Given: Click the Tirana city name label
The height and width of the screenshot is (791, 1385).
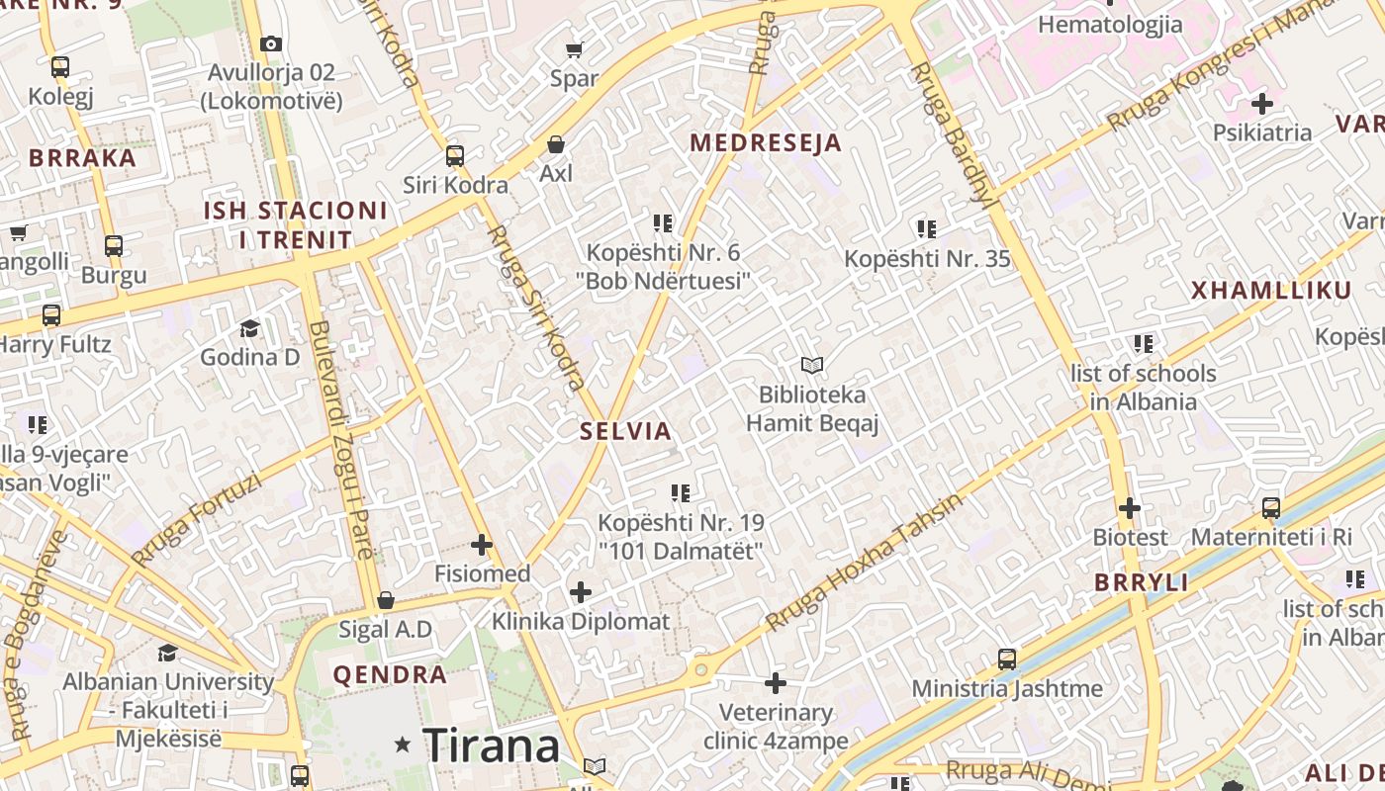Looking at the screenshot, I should pyautogui.click(x=492, y=745).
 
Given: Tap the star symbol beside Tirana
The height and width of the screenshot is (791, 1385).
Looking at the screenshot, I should pyautogui.click(x=403, y=745).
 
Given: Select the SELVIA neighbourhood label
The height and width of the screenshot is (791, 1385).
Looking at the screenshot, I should pyautogui.click(x=626, y=431).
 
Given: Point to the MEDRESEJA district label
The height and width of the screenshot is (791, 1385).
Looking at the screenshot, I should pyautogui.click(x=766, y=143).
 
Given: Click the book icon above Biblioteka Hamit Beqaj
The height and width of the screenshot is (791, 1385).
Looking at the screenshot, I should pyautogui.click(x=812, y=366).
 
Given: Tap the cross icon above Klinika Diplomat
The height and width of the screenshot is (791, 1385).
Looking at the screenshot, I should pyautogui.click(x=581, y=592).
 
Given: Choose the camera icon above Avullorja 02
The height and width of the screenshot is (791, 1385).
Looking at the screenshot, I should pyautogui.click(x=271, y=44).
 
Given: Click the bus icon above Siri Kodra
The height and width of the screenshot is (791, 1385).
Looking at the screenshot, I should pyautogui.click(x=455, y=156).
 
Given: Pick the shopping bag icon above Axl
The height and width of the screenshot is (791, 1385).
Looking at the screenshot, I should pyautogui.click(x=556, y=145).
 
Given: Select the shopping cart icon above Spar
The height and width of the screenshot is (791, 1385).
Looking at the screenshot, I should pyautogui.click(x=574, y=49).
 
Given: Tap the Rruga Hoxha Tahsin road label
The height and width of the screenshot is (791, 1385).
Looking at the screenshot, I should pyautogui.click(x=864, y=564).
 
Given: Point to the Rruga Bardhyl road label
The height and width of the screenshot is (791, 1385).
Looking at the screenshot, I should pyautogui.click(x=952, y=133).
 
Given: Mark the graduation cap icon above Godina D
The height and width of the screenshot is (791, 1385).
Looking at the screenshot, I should pyautogui.click(x=249, y=328).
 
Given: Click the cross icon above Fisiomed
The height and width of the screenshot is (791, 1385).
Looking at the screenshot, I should pyautogui.click(x=482, y=545).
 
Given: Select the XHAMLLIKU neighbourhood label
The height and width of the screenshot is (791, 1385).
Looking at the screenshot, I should pyautogui.click(x=1271, y=291).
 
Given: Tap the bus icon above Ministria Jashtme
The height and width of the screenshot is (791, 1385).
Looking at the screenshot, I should pyautogui.click(x=1007, y=659).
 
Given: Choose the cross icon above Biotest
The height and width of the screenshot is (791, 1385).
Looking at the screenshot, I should pyautogui.click(x=1130, y=508).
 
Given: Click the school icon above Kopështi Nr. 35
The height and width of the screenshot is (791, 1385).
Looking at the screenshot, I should pyautogui.click(x=927, y=229).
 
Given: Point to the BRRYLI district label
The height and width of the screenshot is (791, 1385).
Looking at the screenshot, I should pyautogui.click(x=1142, y=583).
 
